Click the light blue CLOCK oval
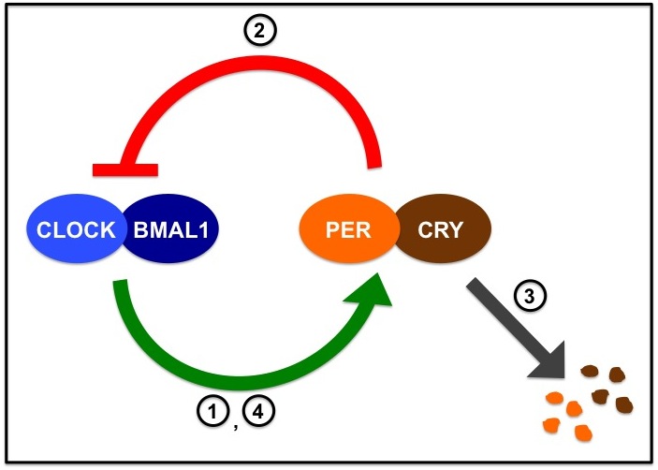[70, 228]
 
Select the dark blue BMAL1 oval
[172, 228]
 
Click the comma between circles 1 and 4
[235, 420]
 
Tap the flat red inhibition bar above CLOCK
[124, 169]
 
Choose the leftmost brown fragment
[589, 371]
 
